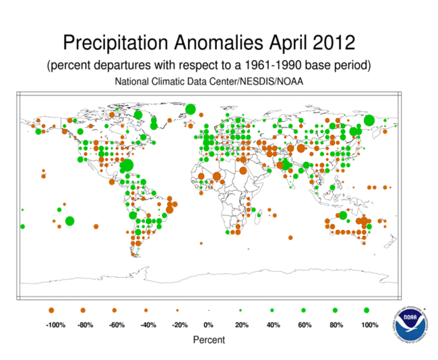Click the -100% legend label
[x=55, y=325]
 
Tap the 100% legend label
[x=370, y=325]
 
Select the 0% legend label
[x=208, y=325]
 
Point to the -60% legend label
[x=117, y=325]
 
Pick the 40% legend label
[x=273, y=325]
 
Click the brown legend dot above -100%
[x=51, y=310]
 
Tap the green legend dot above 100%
[x=367, y=310]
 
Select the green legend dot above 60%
[x=303, y=310]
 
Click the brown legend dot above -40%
[x=146, y=310]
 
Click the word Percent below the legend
[x=209, y=340]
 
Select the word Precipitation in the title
[x=115, y=43]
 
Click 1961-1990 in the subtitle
[x=274, y=65]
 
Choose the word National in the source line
[x=131, y=82]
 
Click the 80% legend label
[x=336, y=325]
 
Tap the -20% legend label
[x=180, y=325]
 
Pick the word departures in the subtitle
[x=123, y=65]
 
